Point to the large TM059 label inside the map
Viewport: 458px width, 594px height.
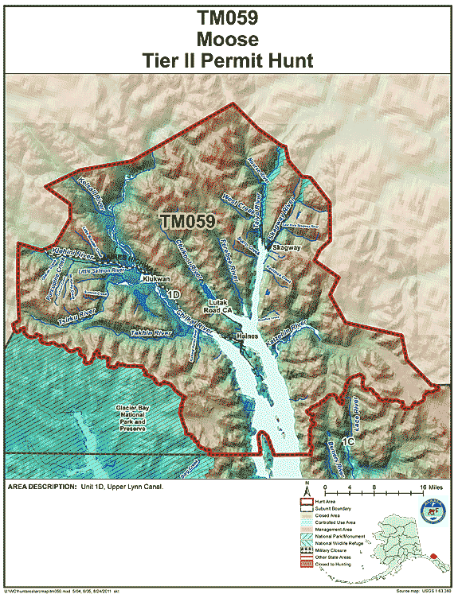coord(188,223)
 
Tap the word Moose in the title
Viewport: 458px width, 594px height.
coord(229,38)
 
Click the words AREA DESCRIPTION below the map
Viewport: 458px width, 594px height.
coord(40,486)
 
